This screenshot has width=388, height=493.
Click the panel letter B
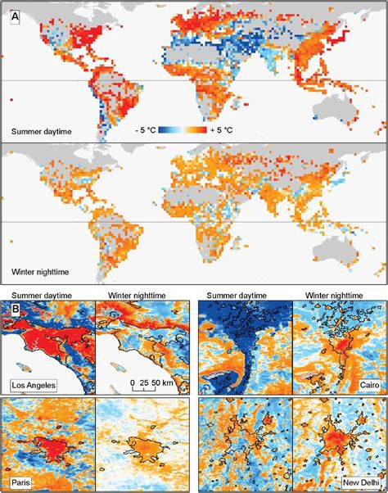coord(13,310)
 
